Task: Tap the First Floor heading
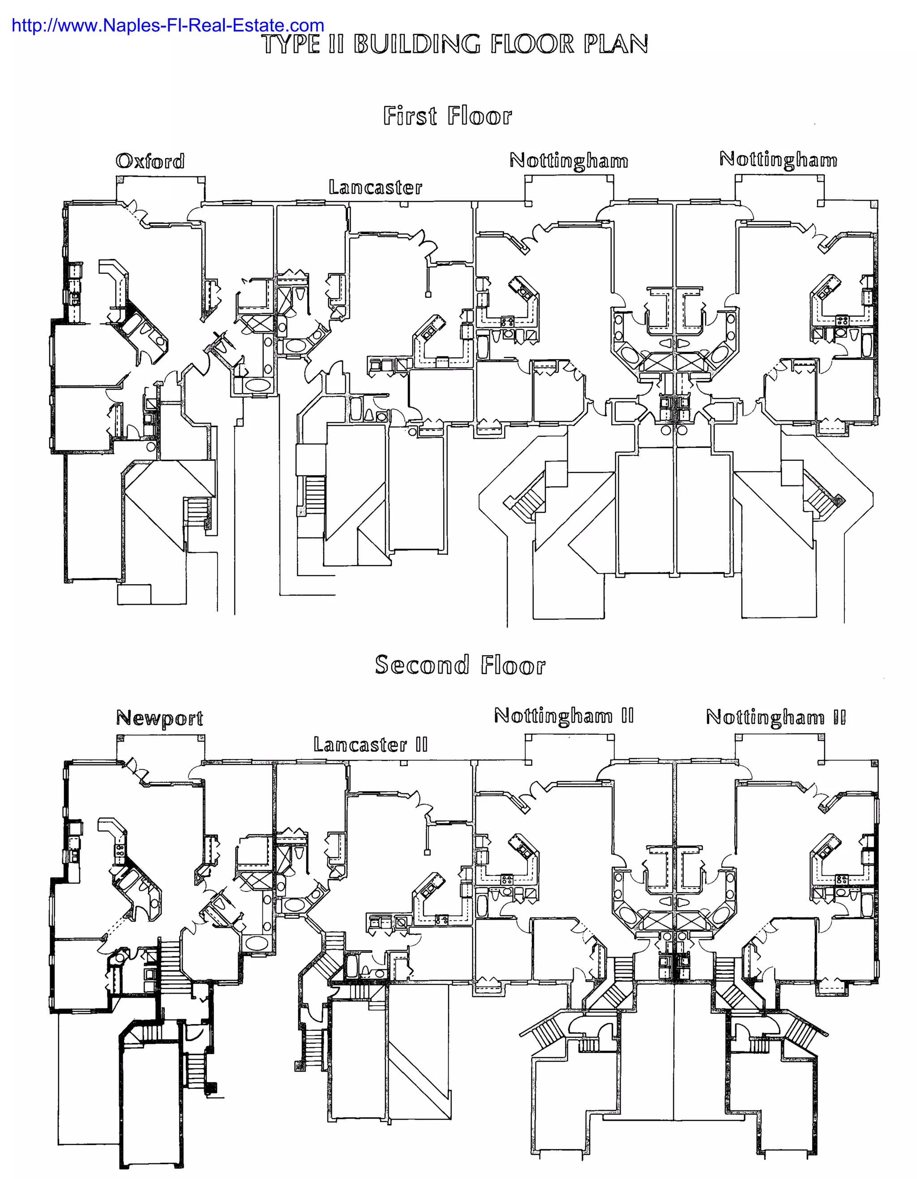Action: point(447,116)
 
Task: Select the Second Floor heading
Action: point(460,665)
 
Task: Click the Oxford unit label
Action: point(150,161)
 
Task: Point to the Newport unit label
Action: point(160,717)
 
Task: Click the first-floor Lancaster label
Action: point(375,187)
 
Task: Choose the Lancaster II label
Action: point(370,745)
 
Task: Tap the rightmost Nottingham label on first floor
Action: point(778,159)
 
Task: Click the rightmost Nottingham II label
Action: point(776,717)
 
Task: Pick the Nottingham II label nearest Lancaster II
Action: point(563,716)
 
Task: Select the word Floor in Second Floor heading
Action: point(512,665)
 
